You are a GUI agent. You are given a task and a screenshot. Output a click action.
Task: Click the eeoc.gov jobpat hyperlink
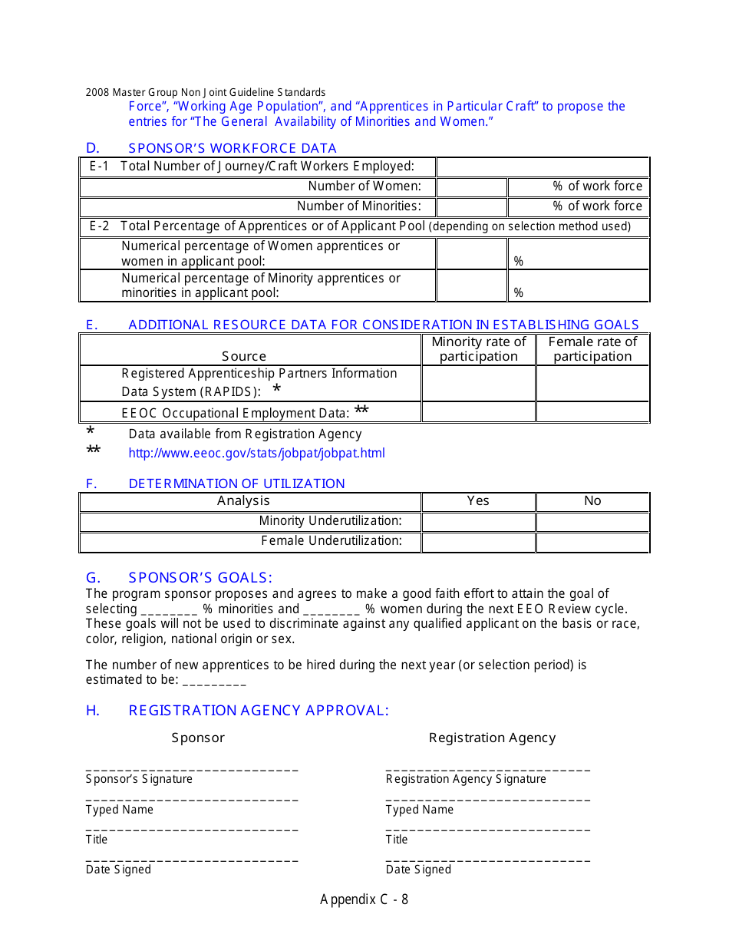click(256, 453)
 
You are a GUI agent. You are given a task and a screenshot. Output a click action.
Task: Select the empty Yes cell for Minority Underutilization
click(478, 521)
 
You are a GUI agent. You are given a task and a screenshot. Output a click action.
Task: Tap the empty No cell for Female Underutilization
click(592, 542)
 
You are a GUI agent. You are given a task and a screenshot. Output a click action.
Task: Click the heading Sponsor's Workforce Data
click(232, 148)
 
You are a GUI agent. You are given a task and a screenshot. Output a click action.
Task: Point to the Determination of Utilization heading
click(236, 484)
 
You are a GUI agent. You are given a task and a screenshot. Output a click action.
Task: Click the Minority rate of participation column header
click(478, 349)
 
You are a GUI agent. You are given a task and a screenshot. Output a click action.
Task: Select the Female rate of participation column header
click(592, 349)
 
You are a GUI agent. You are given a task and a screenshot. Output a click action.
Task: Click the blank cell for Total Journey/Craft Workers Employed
click(542, 167)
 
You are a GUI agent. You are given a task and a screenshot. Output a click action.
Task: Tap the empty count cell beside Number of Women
click(471, 186)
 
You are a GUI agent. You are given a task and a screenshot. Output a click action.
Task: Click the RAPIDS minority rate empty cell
click(478, 383)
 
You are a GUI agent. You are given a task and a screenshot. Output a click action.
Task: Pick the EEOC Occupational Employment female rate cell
click(592, 412)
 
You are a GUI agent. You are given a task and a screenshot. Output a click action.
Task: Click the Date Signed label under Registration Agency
click(418, 870)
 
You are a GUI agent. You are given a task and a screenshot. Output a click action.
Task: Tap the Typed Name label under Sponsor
click(119, 810)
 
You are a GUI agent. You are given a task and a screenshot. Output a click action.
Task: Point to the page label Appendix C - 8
click(364, 899)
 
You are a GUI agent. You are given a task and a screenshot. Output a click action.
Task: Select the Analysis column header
click(243, 501)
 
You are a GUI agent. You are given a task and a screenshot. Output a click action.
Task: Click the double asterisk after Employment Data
click(361, 411)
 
